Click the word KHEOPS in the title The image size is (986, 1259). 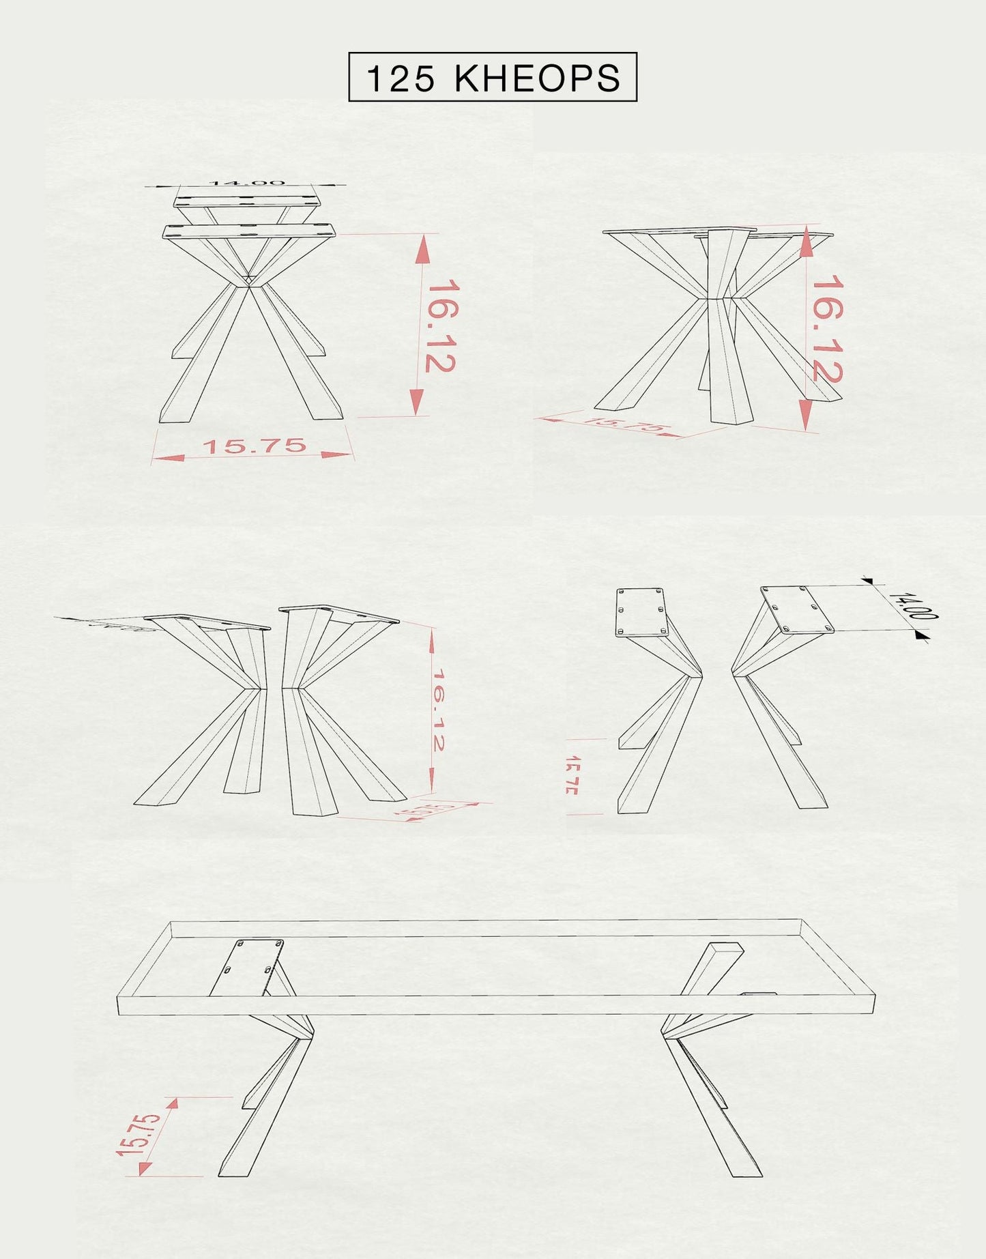538,78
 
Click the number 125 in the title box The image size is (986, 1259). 400,78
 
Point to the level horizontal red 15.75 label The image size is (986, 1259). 255,447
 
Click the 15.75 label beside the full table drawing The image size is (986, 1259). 139,1135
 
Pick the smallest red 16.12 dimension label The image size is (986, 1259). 438,710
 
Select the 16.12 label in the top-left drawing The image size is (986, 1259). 440,325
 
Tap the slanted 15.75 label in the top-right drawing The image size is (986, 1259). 624,424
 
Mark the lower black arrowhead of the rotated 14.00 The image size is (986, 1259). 921,636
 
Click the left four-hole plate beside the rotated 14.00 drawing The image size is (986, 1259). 640,612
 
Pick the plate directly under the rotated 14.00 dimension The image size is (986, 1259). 797,609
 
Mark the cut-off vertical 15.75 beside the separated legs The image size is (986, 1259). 572,775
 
